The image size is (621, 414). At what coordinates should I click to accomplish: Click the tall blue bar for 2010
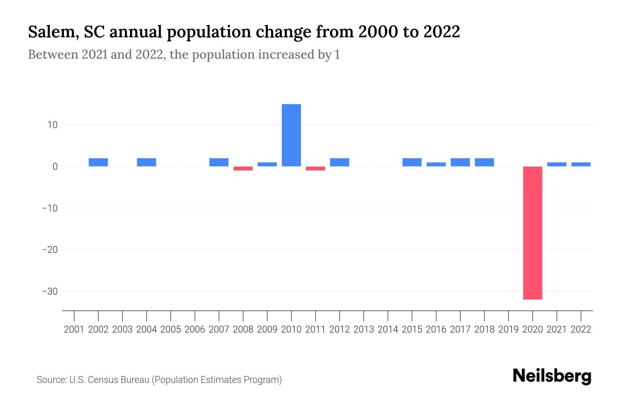pyautogui.click(x=291, y=135)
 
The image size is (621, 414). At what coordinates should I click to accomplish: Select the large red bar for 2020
pyautogui.click(x=532, y=233)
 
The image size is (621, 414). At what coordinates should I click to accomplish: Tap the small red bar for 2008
pyautogui.click(x=243, y=168)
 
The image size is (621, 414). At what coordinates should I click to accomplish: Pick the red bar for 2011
pyautogui.click(x=315, y=168)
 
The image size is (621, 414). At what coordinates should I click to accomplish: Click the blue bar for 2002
pyautogui.click(x=98, y=162)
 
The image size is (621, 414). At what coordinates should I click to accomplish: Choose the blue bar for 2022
pyautogui.click(x=581, y=164)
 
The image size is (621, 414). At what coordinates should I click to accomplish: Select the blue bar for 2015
pyautogui.click(x=412, y=162)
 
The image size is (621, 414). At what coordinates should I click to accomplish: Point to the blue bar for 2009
pyautogui.click(x=267, y=164)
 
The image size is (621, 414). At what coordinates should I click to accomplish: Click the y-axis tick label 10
pyautogui.click(x=52, y=125)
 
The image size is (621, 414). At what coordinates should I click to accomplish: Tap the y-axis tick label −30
pyautogui.click(x=50, y=292)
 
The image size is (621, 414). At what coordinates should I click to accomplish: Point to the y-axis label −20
pyautogui.click(x=50, y=250)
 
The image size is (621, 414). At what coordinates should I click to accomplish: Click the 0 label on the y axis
pyautogui.click(x=55, y=167)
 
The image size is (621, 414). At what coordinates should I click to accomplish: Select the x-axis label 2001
pyautogui.click(x=74, y=329)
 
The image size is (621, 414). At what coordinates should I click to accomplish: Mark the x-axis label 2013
pyautogui.click(x=364, y=329)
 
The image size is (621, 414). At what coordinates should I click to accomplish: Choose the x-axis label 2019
pyautogui.click(x=508, y=329)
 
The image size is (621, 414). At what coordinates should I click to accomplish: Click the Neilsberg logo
pyautogui.click(x=552, y=376)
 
